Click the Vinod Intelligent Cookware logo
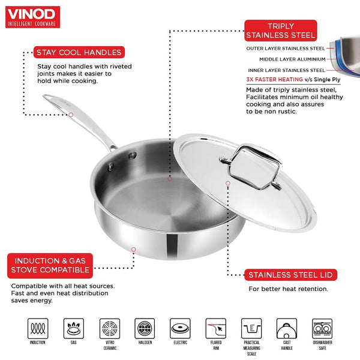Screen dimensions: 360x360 tap(32, 17)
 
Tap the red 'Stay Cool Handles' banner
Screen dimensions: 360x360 tap(79, 52)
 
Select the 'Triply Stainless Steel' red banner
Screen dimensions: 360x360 tap(281, 31)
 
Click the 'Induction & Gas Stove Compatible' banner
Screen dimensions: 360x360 tap(50, 266)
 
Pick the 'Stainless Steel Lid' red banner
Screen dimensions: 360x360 tap(290, 275)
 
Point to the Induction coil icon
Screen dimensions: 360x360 tap(38, 329)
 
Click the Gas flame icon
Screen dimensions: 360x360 tap(74, 329)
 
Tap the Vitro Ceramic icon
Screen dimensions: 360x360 tap(110, 329)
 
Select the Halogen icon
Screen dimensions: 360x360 tap(145, 329)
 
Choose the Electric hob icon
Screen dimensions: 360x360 tap(180, 329)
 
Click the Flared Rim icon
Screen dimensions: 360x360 tap(216, 329)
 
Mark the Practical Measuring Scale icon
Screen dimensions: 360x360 tap(251, 329)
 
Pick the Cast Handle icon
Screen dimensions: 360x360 tap(287, 329)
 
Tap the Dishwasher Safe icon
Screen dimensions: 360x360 tap(322, 329)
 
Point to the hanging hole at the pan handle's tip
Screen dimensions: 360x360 tap(47, 97)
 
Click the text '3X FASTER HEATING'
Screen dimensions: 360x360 tap(274, 79)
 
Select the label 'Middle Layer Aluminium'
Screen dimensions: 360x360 tap(292, 59)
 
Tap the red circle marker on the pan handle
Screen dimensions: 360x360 tap(71, 115)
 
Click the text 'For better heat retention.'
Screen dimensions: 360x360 tap(289, 289)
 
